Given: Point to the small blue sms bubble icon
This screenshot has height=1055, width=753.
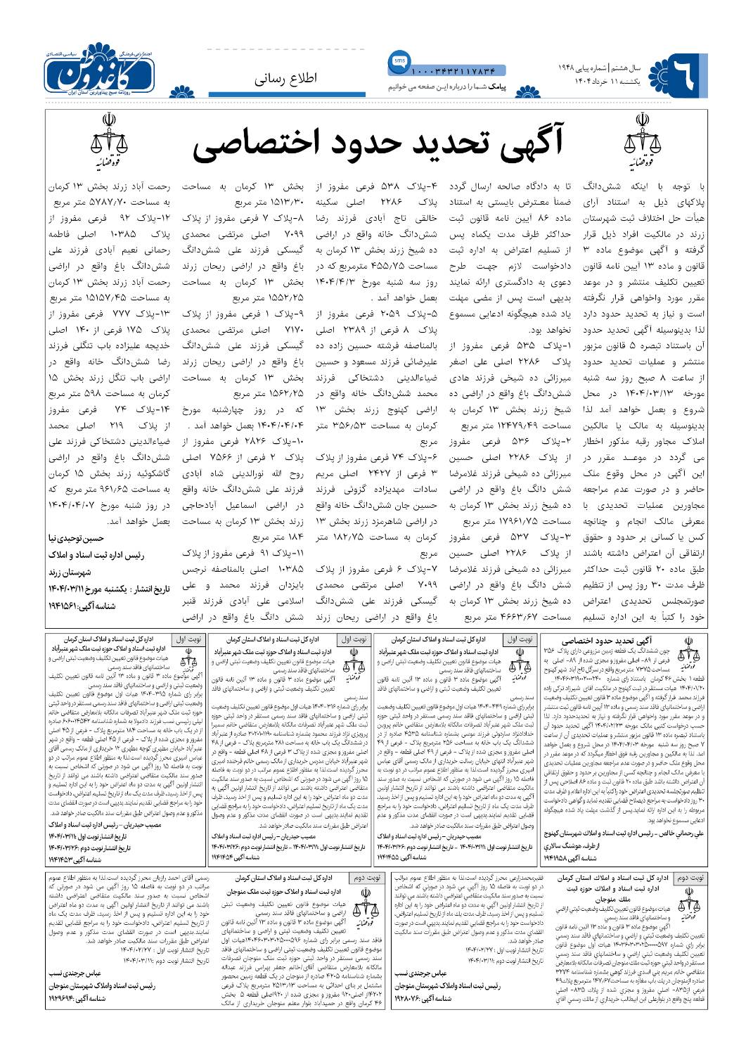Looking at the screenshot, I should (x=396, y=62).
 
